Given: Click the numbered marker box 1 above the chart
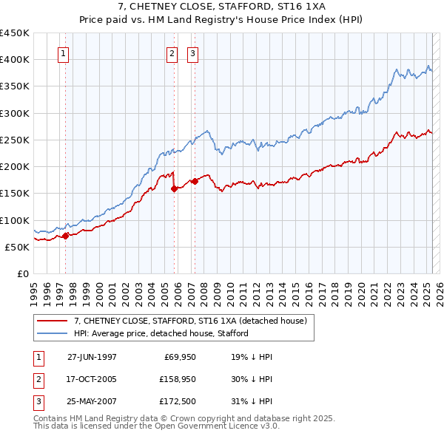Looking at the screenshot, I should click(x=64, y=53).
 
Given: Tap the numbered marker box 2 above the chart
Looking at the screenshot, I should click(x=172, y=53).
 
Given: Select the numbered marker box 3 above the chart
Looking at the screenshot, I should click(x=192, y=53).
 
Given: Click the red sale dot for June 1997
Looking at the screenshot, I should click(x=65, y=236).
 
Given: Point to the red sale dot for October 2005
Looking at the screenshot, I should click(x=174, y=188).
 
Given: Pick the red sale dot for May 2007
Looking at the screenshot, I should click(x=195, y=181).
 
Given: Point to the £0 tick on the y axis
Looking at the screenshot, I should click(x=23, y=273).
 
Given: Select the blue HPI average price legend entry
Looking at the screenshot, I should click(x=161, y=333).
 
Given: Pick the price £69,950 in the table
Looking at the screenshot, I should click(x=177, y=356).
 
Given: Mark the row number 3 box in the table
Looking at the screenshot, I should click(x=38, y=403).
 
